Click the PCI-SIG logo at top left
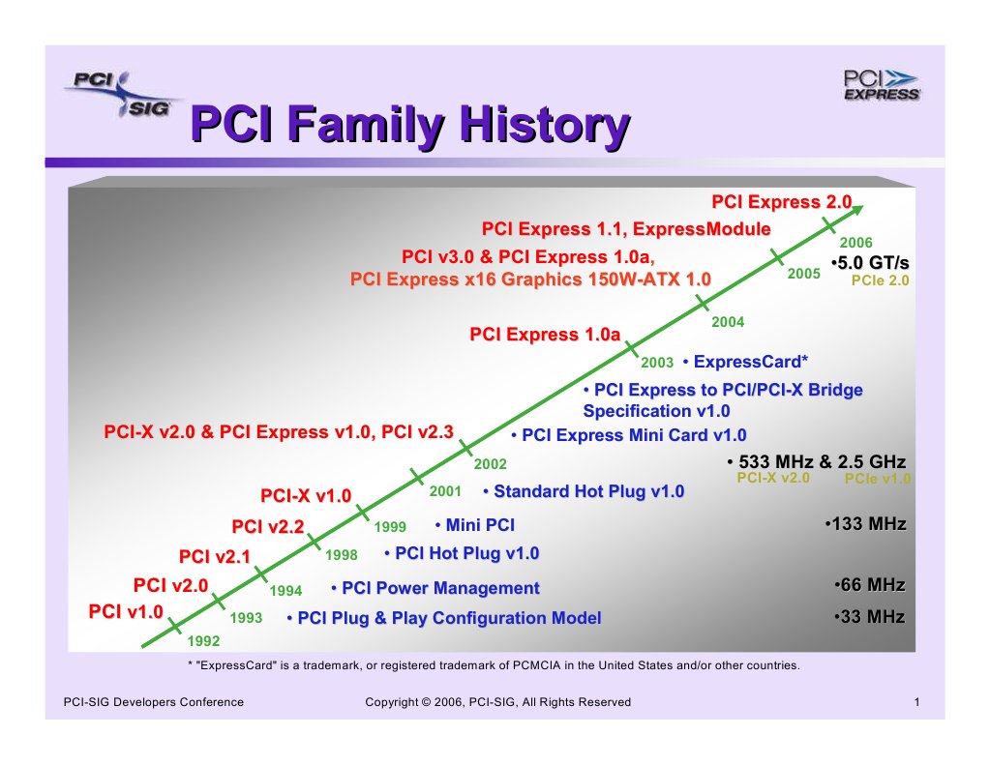point(118,95)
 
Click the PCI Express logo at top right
point(881,85)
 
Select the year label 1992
point(203,640)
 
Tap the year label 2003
point(657,363)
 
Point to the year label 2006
point(855,242)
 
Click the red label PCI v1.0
point(126,612)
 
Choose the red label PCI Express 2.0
point(781,202)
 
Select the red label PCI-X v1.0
point(305,496)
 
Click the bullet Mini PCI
point(475,525)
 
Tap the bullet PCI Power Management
point(435,588)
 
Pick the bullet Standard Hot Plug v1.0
point(584,491)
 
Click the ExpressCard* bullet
point(744,363)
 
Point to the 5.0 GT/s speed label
point(869,263)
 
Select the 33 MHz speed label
point(869,617)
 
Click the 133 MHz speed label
point(865,524)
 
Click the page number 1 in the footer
point(915,702)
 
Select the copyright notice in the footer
point(497,702)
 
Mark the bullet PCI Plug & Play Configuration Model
point(444,618)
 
